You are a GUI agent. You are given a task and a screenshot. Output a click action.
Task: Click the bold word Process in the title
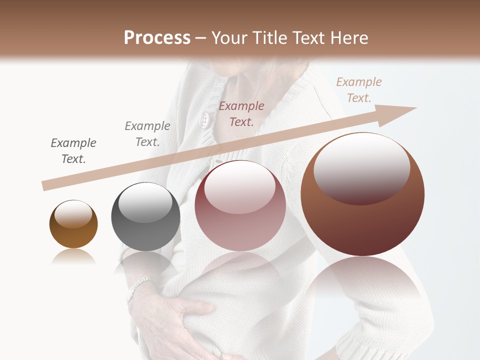[157, 38]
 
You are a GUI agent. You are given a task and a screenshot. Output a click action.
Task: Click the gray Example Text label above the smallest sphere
[73, 151]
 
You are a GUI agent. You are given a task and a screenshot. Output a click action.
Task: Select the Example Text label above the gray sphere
[147, 134]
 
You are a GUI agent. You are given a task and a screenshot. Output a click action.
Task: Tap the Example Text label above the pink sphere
[241, 113]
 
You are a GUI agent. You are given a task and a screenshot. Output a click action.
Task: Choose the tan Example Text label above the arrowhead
[359, 90]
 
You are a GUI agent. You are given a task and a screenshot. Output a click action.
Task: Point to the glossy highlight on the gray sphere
[145, 202]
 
